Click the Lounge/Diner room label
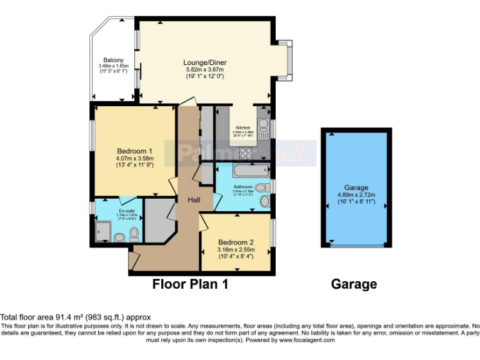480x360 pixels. click(x=204, y=62)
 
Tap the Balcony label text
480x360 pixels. click(x=112, y=60)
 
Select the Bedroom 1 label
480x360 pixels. click(x=135, y=151)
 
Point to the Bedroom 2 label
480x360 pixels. click(x=236, y=242)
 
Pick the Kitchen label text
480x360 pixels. click(x=242, y=127)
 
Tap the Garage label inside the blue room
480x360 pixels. click(x=356, y=187)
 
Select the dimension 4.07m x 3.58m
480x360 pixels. click(x=135, y=159)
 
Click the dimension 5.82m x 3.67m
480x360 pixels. click(x=204, y=69)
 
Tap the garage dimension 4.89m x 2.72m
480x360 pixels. click(x=356, y=194)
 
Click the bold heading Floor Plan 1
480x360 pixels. click(x=191, y=284)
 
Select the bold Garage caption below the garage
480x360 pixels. click(x=354, y=284)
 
